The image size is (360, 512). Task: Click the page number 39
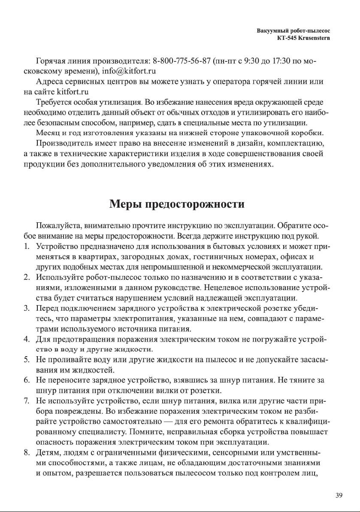tap(339, 496)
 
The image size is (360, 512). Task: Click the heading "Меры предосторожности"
tap(177, 203)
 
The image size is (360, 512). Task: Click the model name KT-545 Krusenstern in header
tap(306, 38)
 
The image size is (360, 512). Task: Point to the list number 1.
tap(27, 246)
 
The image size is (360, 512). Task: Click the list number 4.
tap(27, 340)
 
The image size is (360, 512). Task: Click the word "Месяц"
tap(48, 133)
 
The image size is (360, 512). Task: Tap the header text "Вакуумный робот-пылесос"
tap(296, 31)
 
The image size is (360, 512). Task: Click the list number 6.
tap(27, 380)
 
